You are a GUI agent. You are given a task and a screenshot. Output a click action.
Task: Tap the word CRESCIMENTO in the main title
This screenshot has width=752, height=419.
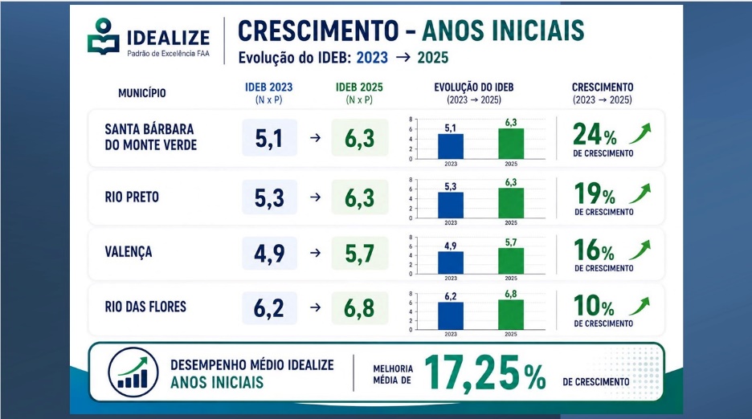coord(318,31)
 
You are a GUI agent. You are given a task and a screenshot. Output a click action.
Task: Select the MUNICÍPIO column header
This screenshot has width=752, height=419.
coord(142,93)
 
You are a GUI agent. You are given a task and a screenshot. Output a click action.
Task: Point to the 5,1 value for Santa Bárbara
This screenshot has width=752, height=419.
coord(269,139)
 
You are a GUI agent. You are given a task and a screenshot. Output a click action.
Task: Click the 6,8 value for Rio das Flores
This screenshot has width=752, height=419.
coord(359,307)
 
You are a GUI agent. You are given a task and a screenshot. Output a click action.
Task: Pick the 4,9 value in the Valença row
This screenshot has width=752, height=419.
coord(269,253)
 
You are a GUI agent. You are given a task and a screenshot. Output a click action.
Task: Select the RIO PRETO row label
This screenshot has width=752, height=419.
coord(132,197)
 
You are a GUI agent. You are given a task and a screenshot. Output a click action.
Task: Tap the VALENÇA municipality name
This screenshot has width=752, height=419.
coord(129,252)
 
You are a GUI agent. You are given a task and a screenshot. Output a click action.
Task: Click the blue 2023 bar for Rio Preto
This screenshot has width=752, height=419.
coord(451,205)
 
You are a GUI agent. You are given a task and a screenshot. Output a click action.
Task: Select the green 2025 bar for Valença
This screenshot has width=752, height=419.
coord(511,261)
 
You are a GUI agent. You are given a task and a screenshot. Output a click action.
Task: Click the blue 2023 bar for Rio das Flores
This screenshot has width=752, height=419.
coord(451,316)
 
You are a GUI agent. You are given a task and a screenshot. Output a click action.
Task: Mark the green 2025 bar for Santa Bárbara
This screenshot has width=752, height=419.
coord(511,144)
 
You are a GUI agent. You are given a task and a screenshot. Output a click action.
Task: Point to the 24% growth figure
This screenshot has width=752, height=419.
coord(595,134)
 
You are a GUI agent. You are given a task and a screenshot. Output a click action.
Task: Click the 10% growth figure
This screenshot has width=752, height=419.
coord(594,305)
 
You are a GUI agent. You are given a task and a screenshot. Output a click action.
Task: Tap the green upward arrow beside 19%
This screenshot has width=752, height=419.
coord(640,193)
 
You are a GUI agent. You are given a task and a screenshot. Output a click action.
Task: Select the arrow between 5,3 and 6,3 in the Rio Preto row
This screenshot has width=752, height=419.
coord(315,197)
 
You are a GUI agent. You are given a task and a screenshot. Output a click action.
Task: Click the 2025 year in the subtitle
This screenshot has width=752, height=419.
coord(432,58)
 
